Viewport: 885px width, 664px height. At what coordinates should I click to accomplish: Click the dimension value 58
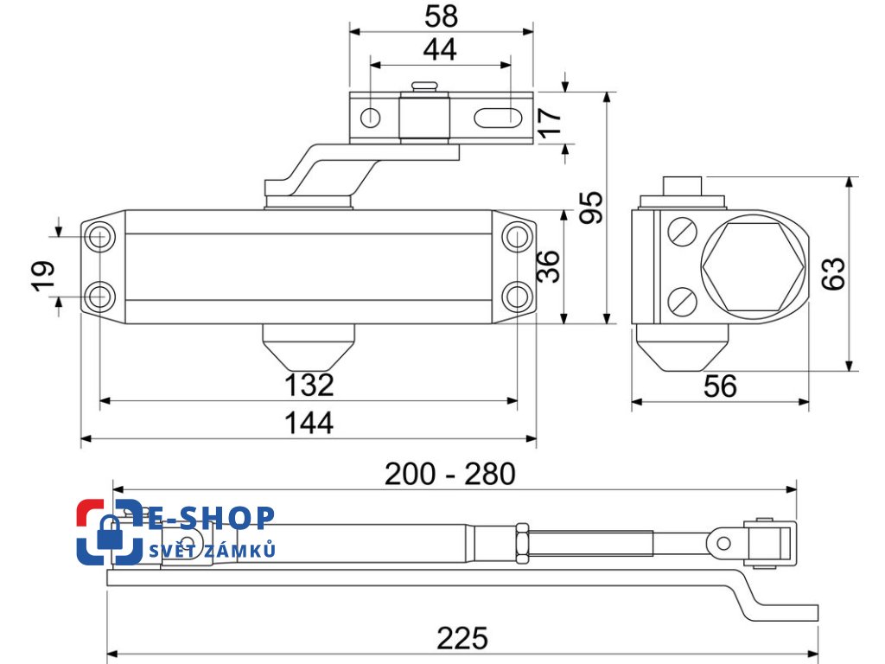pos(440,16)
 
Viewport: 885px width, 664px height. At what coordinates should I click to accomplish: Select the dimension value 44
pos(440,50)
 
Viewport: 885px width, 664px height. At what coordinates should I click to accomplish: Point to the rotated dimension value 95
pos(591,207)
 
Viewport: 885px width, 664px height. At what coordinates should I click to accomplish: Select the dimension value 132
pos(309,385)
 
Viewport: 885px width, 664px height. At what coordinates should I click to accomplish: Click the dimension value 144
pos(309,423)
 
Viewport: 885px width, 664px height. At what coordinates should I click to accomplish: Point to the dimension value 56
pos(720,386)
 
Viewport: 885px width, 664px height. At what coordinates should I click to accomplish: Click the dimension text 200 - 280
pos(449,474)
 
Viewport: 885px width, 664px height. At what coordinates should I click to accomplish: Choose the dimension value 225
pos(462,639)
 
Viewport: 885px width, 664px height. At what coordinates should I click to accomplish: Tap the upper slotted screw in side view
pos(682,233)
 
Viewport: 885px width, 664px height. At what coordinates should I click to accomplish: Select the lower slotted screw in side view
pos(682,301)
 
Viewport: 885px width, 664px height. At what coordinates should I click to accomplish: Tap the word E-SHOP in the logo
pos(211,518)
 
